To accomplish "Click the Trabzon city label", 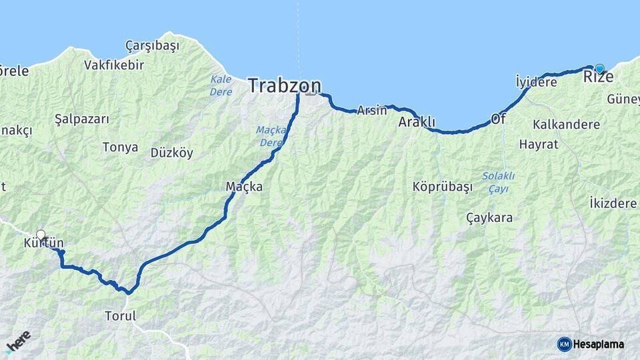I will pyautogui.click(x=284, y=85).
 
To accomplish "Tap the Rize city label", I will pyautogui.click(x=598, y=77).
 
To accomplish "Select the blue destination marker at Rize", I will pyautogui.click(x=599, y=68).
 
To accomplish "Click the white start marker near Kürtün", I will pyautogui.click(x=41, y=235).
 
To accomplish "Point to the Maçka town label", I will pyautogui.click(x=244, y=187).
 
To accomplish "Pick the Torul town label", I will pyautogui.click(x=120, y=316).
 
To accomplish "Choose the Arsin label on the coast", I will pyautogui.click(x=371, y=110).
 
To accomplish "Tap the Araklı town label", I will pyautogui.click(x=417, y=122).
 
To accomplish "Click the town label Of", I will pyautogui.click(x=499, y=119).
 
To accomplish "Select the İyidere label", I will pyautogui.click(x=536, y=82).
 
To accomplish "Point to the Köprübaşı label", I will pyautogui.click(x=442, y=187).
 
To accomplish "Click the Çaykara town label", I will pyautogui.click(x=489, y=217).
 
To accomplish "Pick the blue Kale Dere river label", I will pyautogui.click(x=221, y=85).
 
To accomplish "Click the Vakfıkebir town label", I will pyautogui.click(x=113, y=65).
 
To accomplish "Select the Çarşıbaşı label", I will pyautogui.click(x=152, y=45).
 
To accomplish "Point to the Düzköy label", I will pyautogui.click(x=171, y=153).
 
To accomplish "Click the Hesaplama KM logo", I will pyautogui.click(x=591, y=344).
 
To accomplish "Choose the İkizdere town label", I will pyautogui.click(x=613, y=203).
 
